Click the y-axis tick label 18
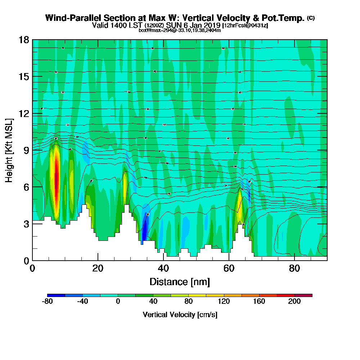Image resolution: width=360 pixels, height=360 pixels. click(24, 40)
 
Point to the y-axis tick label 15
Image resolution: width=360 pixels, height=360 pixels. click(24, 77)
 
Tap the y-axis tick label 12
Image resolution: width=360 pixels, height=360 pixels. click(24, 113)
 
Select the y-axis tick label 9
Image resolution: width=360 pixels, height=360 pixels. click(26, 150)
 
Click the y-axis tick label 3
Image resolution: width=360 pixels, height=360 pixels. click(26, 224)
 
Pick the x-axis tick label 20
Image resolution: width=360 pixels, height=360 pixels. click(98, 269)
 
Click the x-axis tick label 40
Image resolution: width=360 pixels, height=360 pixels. click(163, 269)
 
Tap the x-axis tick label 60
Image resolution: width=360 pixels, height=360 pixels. click(229, 269)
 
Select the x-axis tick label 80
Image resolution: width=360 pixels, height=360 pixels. click(294, 269)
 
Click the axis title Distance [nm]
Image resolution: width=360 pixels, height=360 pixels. click(180, 282)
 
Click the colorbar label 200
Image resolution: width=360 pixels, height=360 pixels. click(294, 302)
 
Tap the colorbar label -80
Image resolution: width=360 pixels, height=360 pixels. click(48, 302)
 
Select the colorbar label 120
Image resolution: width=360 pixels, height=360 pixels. click(224, 302)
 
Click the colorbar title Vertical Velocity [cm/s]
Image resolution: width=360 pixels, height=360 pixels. click(180, 315)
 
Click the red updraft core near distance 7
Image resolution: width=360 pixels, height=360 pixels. click(56, 180)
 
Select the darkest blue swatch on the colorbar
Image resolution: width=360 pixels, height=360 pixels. click(56, 295)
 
